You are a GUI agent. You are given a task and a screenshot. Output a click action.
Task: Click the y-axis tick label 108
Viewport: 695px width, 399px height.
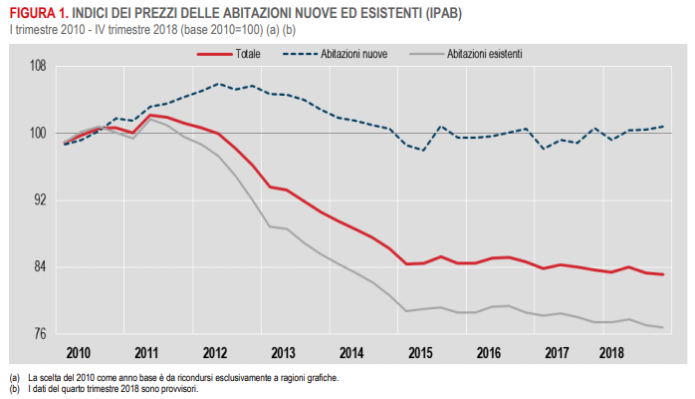click(38, 67)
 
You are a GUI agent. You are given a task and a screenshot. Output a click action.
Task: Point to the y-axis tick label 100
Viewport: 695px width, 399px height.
click(38, 134)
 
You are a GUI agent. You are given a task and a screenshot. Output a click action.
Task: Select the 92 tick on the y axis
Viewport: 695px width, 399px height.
click(40, 200)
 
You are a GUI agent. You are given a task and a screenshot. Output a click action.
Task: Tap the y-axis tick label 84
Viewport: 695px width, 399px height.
click(40, 267)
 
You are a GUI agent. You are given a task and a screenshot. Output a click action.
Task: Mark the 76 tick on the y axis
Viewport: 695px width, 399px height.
click(40, 334)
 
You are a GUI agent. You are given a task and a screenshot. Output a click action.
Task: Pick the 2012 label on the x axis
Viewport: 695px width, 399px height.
click(214, 353)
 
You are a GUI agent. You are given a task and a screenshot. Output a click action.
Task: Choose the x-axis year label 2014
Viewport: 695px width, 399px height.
click(351, 353)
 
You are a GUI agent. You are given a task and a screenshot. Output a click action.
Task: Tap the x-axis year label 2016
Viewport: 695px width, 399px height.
click(488, 353)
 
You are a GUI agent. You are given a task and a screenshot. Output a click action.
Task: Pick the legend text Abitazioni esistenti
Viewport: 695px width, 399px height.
click(485, 52)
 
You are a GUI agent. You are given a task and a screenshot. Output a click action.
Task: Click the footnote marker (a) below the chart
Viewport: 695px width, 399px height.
click(14, 378)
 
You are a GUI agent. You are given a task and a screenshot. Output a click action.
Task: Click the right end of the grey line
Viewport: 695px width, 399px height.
click(663, 327)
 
